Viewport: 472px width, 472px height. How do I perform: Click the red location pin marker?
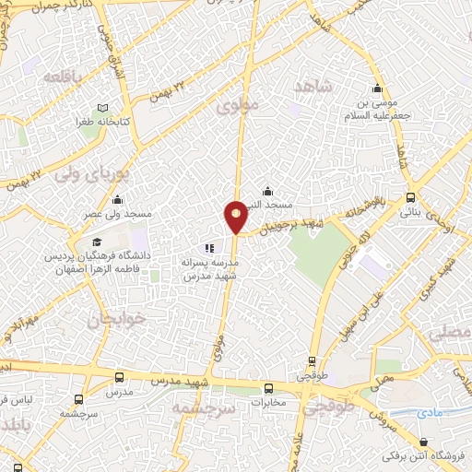tap(236, 217)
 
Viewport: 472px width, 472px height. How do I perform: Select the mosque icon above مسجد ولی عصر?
tap(117, 200)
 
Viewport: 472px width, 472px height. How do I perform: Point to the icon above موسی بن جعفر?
tap(376, 89)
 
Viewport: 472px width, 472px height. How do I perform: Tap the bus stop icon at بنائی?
tap(410, 197)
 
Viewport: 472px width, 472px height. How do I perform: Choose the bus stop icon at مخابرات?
tap(268, 388)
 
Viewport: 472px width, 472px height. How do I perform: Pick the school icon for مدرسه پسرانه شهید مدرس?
tap(209, 248)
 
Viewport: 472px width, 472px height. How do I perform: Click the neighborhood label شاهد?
tap(312, 86)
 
